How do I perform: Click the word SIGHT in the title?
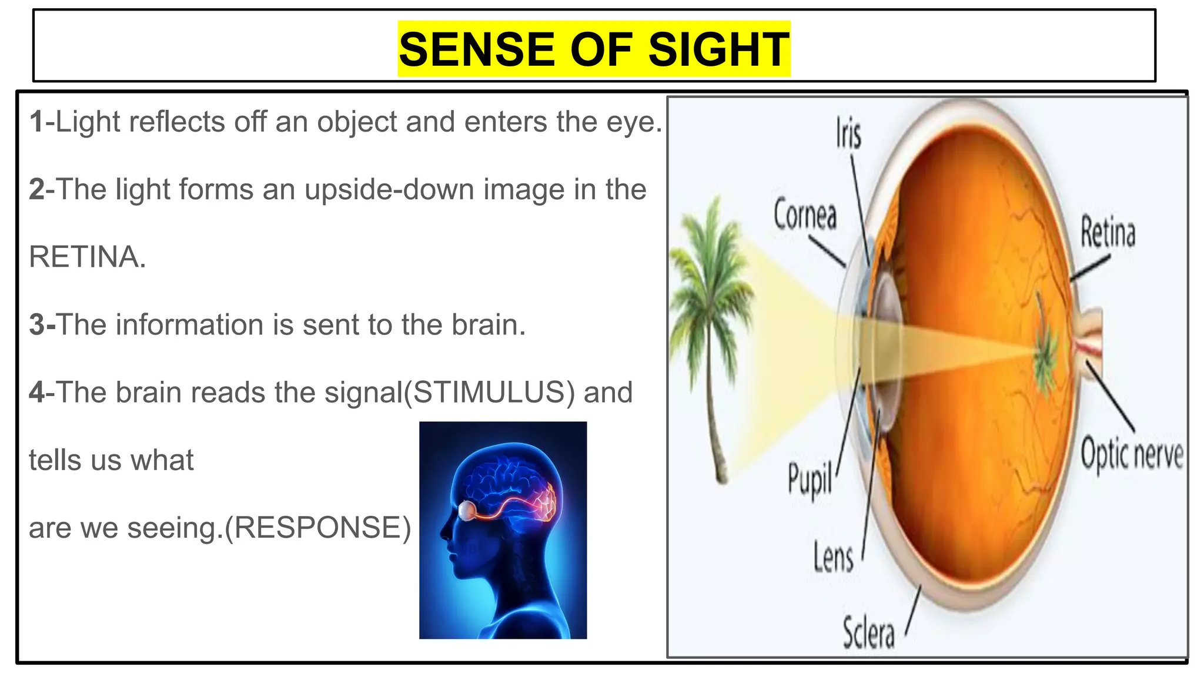coord(718,49)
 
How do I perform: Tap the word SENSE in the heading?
coord(476,49)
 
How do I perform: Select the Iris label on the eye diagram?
coord(848,135)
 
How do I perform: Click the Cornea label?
coord(805,215)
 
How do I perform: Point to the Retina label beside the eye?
coord(1108,233)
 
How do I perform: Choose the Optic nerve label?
coord(1132,455)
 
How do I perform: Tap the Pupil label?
coord(810,480)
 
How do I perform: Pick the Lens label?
coord(833,557)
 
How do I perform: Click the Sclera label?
coord(868,633)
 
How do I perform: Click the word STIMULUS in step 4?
coord(490,393)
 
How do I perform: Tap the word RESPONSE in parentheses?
coord(317,528)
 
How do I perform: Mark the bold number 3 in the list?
coord(37,325)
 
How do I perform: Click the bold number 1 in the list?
coord(36,122)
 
